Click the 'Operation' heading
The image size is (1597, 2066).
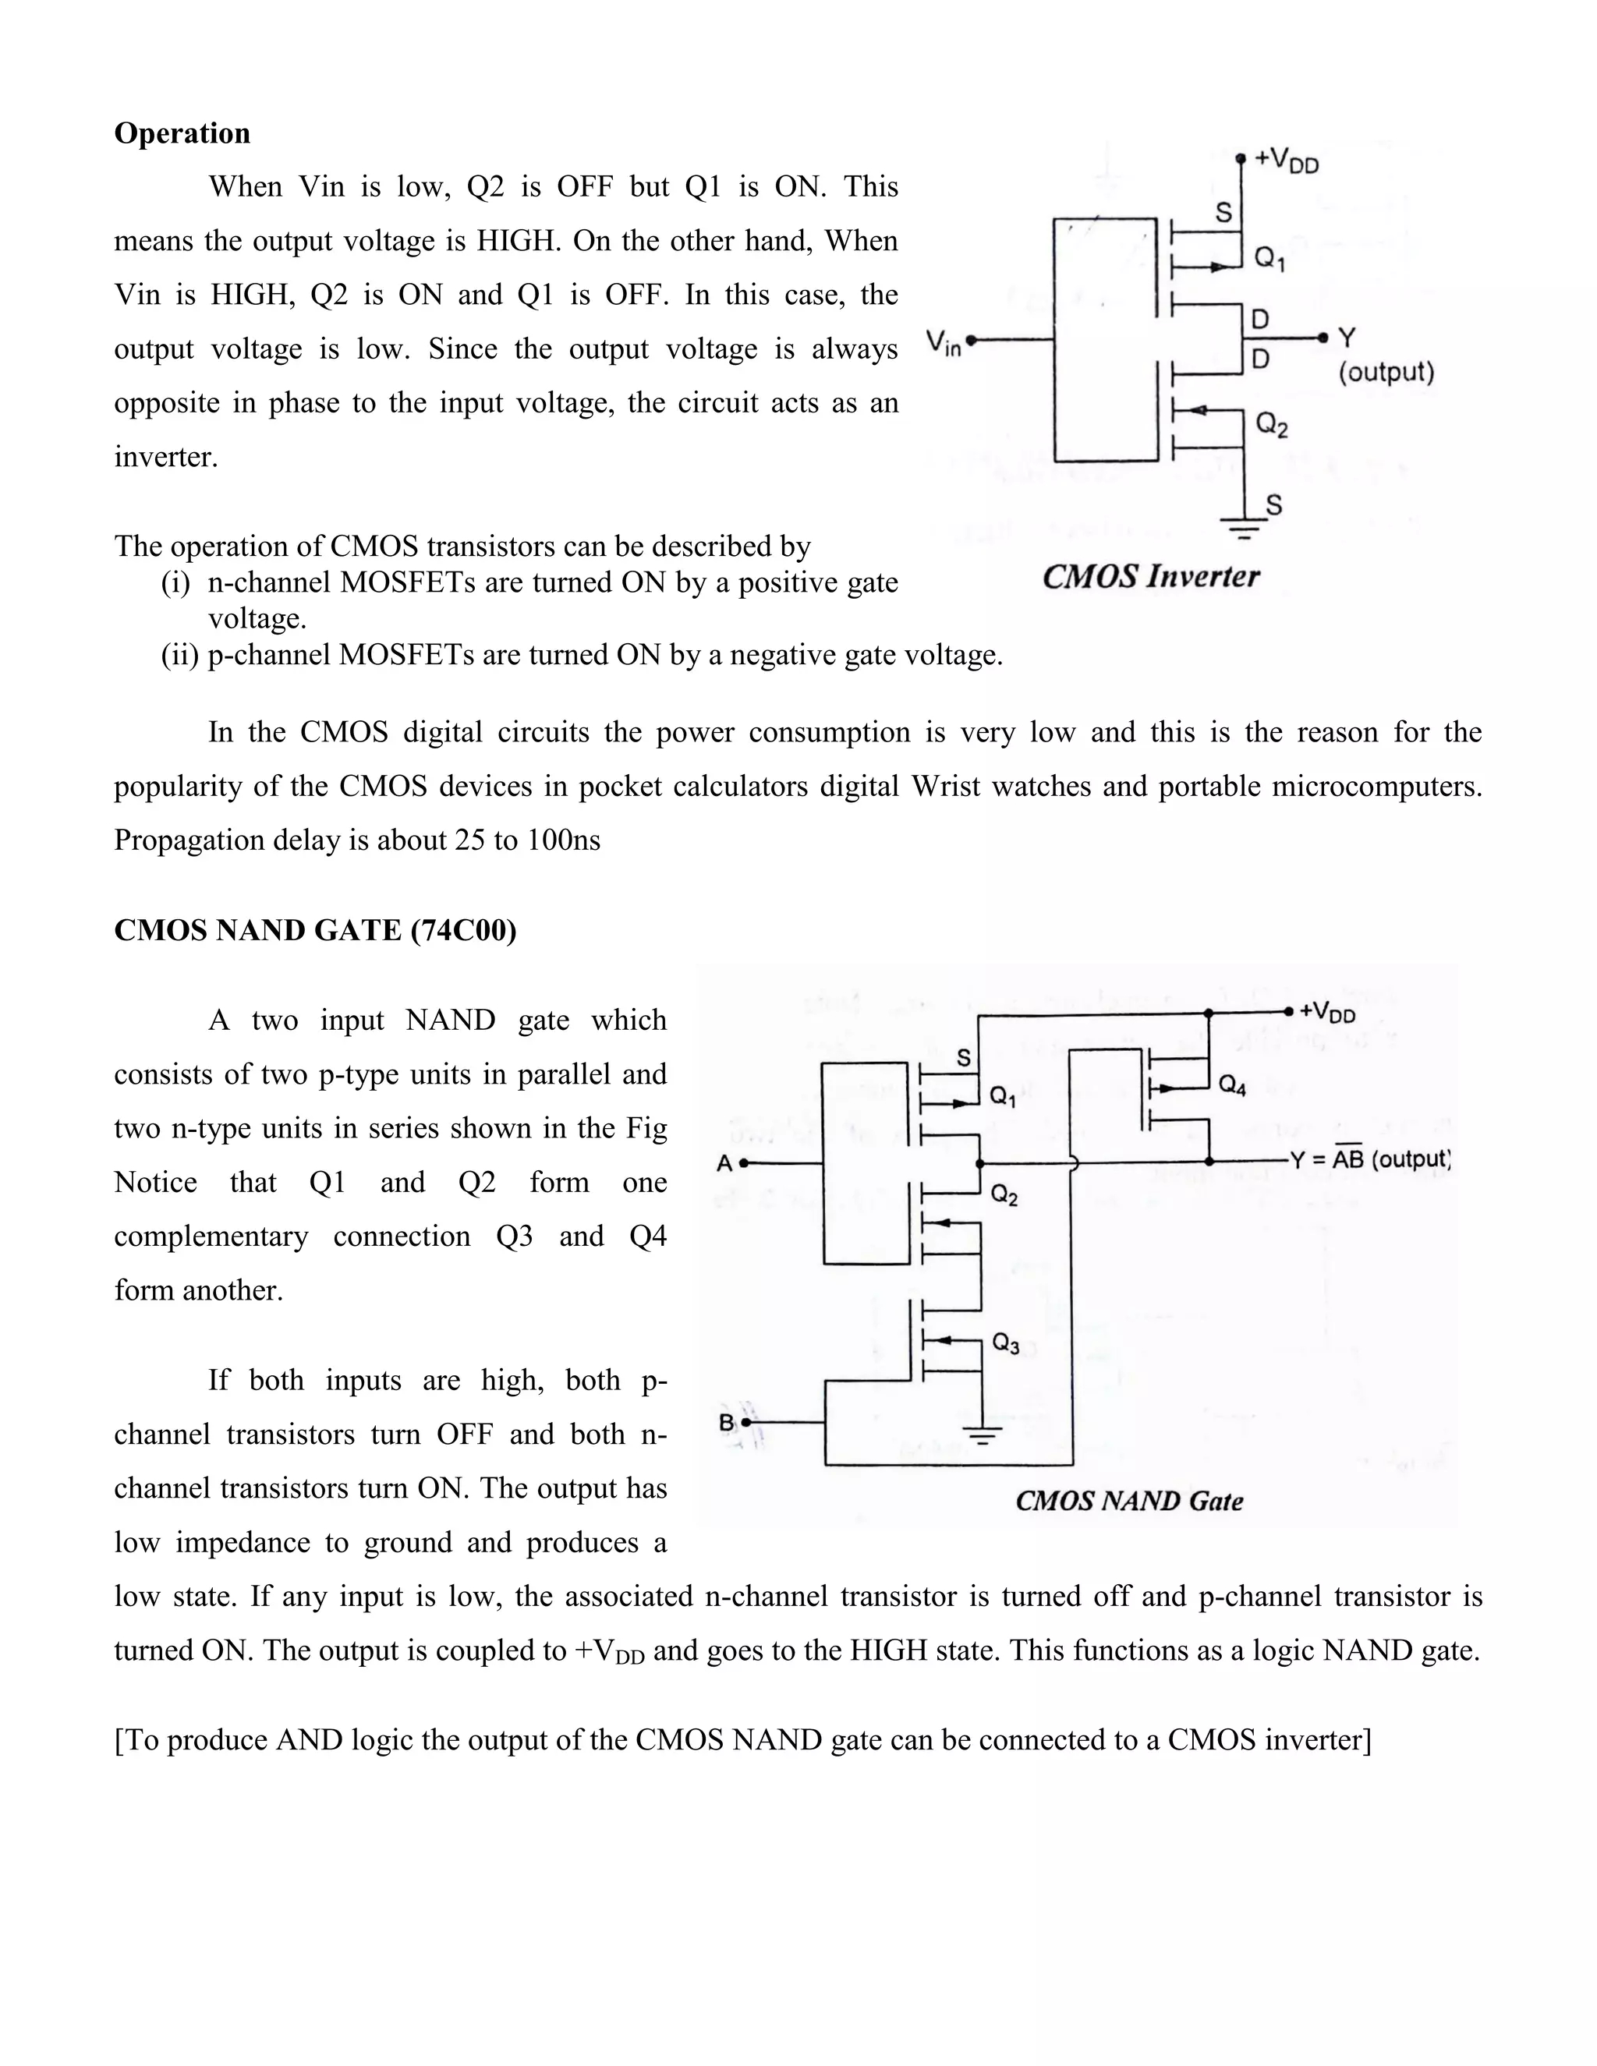tap(182, 133)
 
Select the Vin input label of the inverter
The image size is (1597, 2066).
tap(944, 341)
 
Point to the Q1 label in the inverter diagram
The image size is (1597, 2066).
tap(1269, 258)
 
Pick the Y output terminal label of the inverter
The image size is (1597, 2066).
tap(1346, 338)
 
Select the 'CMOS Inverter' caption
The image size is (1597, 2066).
tap(1150, 576)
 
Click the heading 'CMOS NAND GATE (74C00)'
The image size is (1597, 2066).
tap(315, 931)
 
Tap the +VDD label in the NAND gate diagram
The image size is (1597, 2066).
tap(1326, 1012)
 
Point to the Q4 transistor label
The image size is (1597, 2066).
tap(1232, 1085)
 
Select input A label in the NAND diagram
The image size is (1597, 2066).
tap(724, 1163)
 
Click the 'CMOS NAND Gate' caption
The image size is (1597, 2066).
tap(1128, 1502)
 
